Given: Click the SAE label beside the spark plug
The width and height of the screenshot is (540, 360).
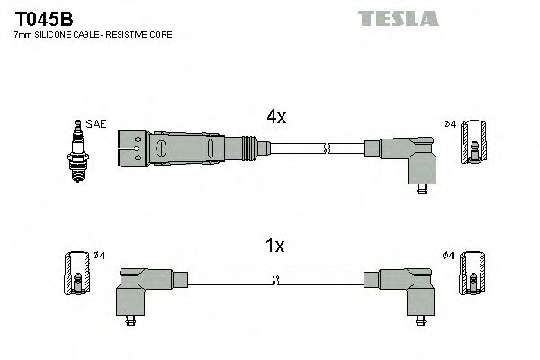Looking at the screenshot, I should [x=94, y=124].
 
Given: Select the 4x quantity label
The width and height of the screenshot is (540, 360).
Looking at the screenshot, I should [x=275, y=117].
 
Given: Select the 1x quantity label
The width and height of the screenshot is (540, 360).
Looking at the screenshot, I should [x=275, y=245].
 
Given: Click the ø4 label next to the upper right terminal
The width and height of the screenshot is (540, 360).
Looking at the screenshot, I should [x=450, y=124].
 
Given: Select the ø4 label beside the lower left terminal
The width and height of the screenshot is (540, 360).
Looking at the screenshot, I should [x=99, y=256].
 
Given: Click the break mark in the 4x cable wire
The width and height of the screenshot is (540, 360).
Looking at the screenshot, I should [x=329, y=146].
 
